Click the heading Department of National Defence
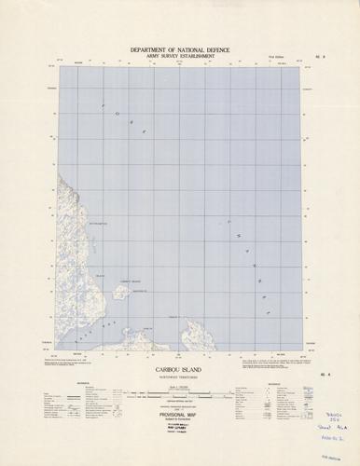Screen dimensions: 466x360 click(180, 48)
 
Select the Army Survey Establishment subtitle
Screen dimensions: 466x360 click(180, 56)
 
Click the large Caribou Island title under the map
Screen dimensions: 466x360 click(180, 370)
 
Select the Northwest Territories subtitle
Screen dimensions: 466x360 click(180, 377)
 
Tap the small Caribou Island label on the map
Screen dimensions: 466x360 click(129, 281)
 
